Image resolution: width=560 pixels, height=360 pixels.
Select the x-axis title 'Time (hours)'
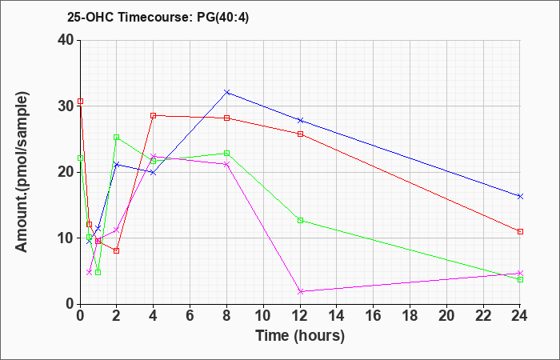click(300, 336)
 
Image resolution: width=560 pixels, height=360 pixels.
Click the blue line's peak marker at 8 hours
click(227, 92)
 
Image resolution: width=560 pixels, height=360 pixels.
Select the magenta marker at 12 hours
click(301, 291)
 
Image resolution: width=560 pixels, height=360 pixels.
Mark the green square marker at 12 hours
click(301, 220)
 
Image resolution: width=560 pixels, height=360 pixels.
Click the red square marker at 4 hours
click(154, 115)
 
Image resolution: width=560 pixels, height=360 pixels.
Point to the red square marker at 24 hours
click(521, 231)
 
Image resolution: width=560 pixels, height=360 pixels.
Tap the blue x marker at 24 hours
click(521, 196)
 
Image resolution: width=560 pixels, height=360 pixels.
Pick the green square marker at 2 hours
click(117, 137)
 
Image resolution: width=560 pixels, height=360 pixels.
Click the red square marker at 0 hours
click(80, 102)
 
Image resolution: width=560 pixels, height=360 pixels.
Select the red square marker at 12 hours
click(301, 134)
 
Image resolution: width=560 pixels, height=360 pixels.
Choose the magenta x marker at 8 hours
click(227, 164)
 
